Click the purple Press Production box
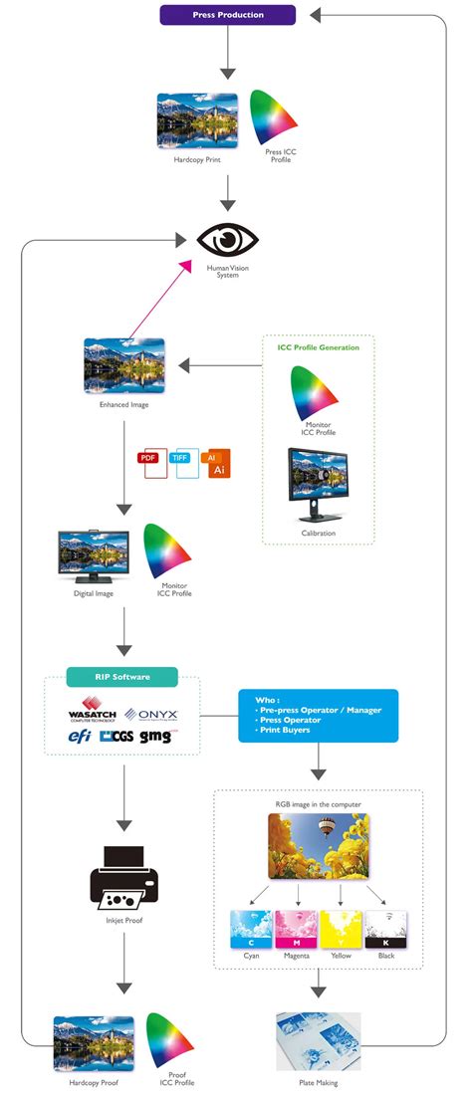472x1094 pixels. coord(228,15)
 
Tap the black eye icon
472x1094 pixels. coord(228,240)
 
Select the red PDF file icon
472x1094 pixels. coord(152,464)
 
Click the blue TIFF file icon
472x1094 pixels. coord(183,464)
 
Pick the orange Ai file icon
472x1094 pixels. coord(216,464)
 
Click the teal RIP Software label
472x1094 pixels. coord(122,677)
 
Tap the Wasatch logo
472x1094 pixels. coord(93,713)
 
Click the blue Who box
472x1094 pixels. coord(318,715)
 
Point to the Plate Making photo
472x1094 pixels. coord(318,1040)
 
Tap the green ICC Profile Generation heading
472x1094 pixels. coord(319,347)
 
